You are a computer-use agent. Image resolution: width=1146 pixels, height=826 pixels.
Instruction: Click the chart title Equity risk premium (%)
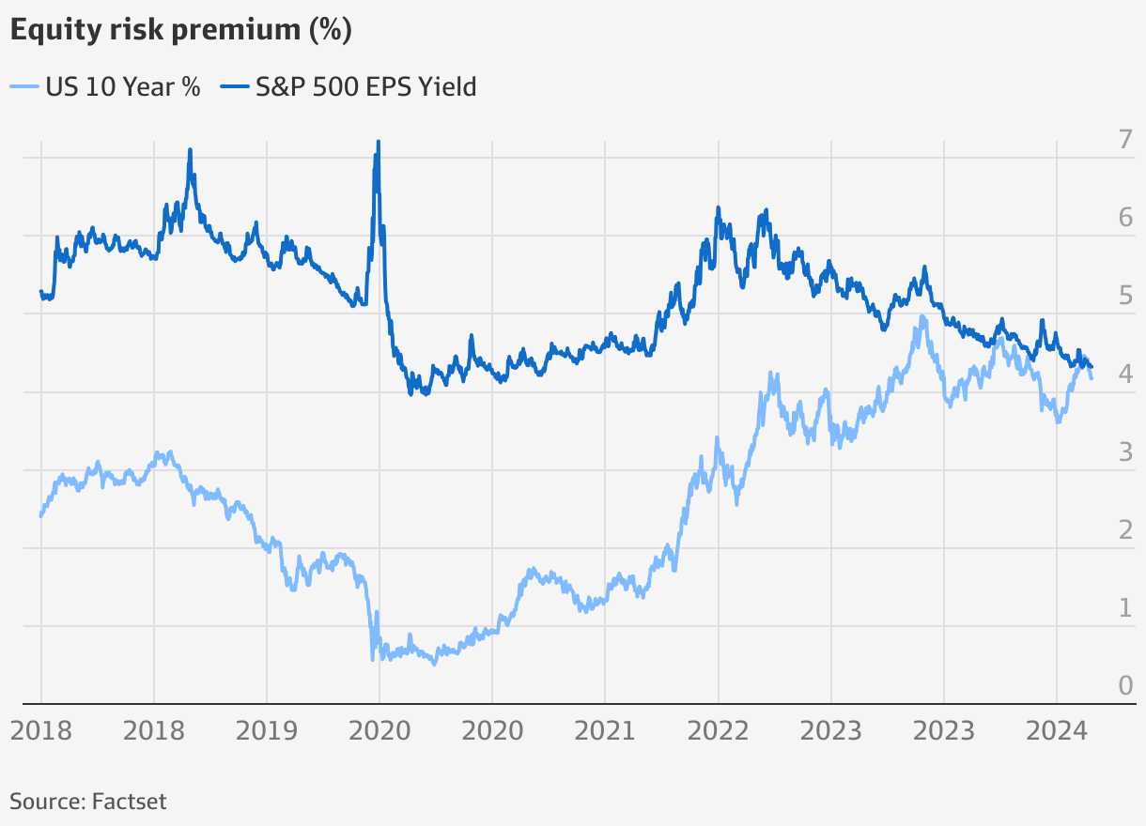pyautogui.click(x=181, y=30)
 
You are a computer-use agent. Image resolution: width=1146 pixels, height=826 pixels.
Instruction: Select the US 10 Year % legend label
pyautogui.click(x=122, y=87)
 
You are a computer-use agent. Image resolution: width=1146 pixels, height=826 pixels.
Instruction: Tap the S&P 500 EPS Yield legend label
pyautogui.click(x=365, y=87)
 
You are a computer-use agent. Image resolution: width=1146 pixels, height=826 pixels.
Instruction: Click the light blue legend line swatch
pyautogui.click(x=24, y=87)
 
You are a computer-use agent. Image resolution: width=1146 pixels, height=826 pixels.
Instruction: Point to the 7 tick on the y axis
pyautogui.click(x=1124, y=141)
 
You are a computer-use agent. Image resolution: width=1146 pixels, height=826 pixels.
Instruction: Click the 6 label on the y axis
pyautogui.click(x=1124, y=219)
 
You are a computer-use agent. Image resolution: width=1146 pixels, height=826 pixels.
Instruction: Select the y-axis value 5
pyautogui.click(x=1124, y=297)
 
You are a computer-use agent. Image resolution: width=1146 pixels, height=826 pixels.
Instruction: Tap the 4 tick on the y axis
pyautogui.click(x=1124, y=375)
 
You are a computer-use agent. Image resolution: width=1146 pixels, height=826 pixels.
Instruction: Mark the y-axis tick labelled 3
pyautogui.click(x=1124, y=452)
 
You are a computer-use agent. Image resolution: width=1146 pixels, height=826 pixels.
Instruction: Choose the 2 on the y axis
pyautogui.click(x=1124, y=530)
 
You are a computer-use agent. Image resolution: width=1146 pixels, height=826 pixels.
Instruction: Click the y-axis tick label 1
pyautogui.click(x=1124, y=608)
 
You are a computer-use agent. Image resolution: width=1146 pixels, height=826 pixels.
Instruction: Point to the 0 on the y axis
pyautogui.click(x=1124, y=686)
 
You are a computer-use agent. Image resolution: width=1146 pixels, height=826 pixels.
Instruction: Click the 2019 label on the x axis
pyautogui.click(x=267, y=730)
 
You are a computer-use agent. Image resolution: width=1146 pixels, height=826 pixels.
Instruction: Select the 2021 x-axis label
pyautogui.click(x=605, y=730)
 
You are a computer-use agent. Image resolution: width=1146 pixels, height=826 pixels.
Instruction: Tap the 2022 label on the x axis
pyautogui.click(x=718, y=730)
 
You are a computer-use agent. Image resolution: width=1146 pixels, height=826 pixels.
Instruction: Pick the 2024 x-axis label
pyautogui.click(x=1056, y=730)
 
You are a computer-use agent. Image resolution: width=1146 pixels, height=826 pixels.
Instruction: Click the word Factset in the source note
pyautogui.click(x=130, y=802)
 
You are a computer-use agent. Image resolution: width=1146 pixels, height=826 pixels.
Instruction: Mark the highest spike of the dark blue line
pyautogui.click(x=378, y=143)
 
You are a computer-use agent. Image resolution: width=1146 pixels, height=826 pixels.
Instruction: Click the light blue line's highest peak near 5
pyautogui.click(x=922, y=317)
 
